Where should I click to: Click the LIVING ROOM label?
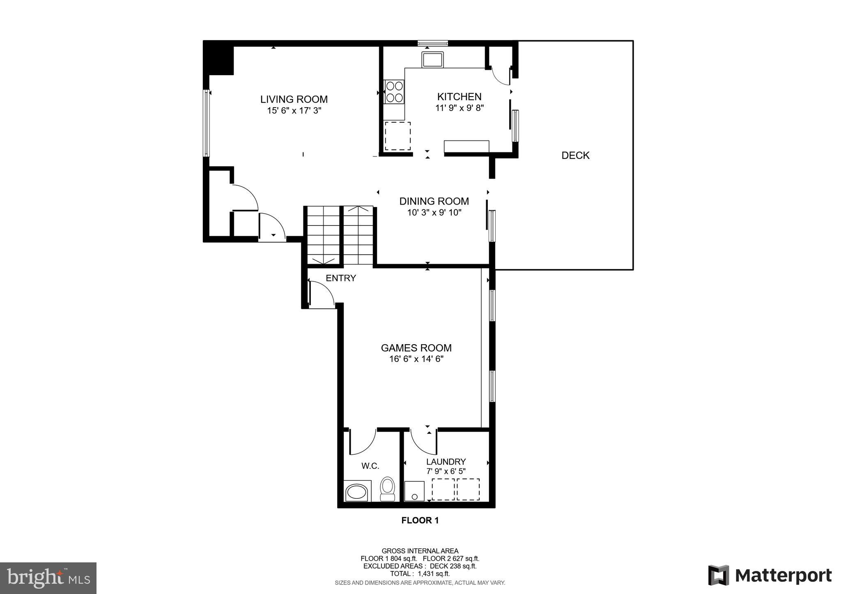[294, 99]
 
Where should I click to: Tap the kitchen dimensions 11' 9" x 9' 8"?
[460, 108]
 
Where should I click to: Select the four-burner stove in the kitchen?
[394, 92]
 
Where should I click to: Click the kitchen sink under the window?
[432, 60]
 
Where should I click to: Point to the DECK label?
[575, 155]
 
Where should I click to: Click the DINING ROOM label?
[434, 201]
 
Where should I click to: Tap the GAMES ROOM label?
[416, 348]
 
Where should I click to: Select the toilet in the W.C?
[387, 488]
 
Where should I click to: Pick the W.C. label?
[370, 466]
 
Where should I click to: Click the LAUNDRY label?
[446, 462]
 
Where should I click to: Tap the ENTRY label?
[340, 278]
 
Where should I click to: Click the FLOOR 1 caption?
[420, 520]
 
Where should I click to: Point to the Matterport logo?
[770, 576]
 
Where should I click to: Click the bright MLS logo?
[48, 578]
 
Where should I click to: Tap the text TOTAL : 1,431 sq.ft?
[420, 574]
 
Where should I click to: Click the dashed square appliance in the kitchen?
[398, 136]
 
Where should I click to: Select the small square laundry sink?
[414, 491]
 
